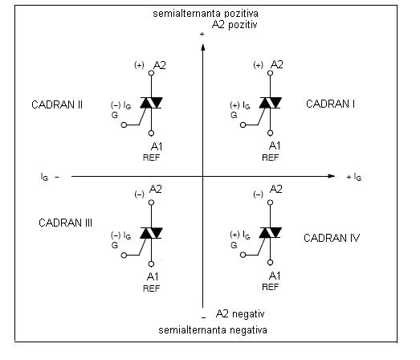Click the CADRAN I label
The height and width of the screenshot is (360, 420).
[330, 104]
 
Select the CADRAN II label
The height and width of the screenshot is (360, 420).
[57, 104]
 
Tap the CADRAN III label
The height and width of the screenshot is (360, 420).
[65, 223]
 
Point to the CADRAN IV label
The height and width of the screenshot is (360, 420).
[332, 238]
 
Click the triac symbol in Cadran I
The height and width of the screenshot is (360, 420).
[270, 103]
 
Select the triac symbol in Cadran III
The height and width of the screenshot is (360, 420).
[151, 233]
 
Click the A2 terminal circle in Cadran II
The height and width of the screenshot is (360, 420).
[151, 73]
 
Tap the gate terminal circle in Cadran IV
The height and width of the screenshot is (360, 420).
[243, 255]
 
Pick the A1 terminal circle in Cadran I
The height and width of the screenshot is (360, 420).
[270, 133]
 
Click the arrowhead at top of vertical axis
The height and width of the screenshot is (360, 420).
[202, 47]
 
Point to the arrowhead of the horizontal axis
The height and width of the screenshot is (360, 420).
[332, 176]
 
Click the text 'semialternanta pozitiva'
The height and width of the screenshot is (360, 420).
[206, 14]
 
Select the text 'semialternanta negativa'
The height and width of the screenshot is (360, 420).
[213, 330]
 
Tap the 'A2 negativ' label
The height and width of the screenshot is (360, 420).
[240, 313]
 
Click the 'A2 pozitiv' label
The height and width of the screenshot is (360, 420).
[234, 25]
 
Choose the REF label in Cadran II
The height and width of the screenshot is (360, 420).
[151, 157]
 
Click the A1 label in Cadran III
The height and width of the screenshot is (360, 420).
[153, 276]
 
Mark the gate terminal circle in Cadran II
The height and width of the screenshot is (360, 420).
[124, 125]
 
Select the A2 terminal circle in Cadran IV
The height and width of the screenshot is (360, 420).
[270, 202]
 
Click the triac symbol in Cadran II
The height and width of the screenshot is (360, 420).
[151, 103]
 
